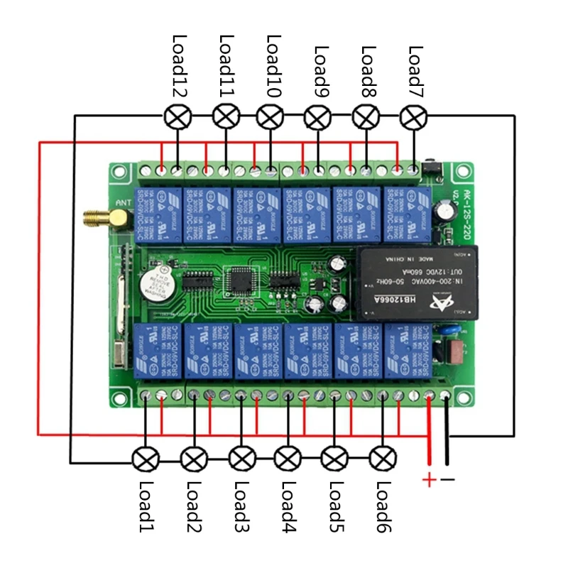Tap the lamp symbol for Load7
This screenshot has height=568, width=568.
click(x=414, y=116)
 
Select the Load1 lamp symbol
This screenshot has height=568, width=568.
click(x=146, y=458)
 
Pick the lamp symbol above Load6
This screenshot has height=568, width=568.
click(x=382, y=458)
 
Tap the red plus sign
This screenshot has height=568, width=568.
click(x=429, y=481)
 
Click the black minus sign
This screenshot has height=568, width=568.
click(x=448, y=480)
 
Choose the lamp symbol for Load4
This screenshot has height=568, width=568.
click(x=288, y=458)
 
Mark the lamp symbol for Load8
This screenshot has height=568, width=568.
click(x=365, y=116)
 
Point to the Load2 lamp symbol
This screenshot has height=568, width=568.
click(x=192, y=458)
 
